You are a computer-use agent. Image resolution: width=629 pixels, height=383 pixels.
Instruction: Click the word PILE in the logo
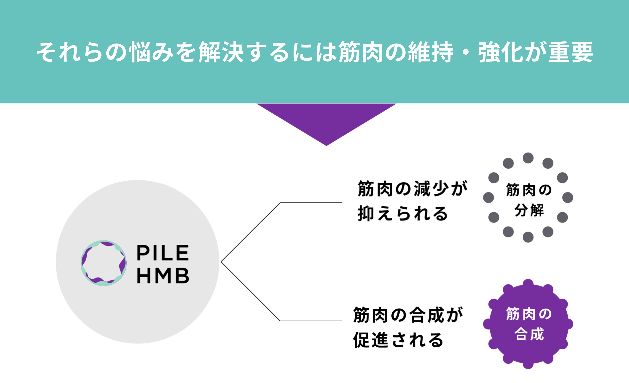pos(163,253)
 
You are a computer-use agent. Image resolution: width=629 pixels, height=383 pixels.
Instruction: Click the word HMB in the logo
pos(163,276)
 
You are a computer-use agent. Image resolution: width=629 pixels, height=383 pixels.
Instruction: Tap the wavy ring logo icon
pos(103,263)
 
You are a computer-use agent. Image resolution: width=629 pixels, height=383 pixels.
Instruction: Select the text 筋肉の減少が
pos(412,189)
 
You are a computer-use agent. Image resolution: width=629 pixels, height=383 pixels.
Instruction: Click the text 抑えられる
pos(403,214)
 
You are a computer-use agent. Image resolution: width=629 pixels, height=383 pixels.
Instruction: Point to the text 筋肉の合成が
pos(408,315)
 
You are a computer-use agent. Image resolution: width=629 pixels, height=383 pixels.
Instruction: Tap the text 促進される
pos(398,340)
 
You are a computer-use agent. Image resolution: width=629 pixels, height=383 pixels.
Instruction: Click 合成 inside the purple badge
pos(529,334)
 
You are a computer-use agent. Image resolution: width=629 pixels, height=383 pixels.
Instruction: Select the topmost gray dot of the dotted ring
pos(528,158)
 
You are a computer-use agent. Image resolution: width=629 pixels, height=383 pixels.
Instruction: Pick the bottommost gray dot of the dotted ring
pos(528,237)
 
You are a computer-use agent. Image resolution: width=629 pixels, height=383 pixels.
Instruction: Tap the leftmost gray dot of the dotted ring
pos(489,197)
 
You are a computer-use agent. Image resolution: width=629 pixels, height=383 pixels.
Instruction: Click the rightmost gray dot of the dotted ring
pos(568,197)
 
